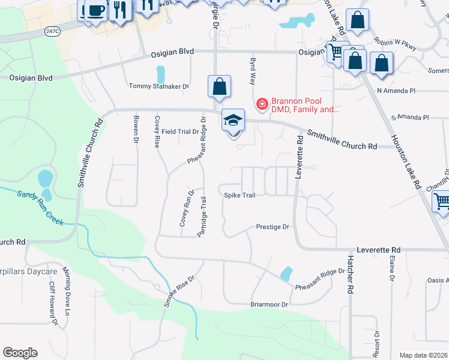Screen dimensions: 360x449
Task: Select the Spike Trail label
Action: click(x=240, y=195)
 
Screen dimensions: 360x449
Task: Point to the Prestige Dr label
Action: click(x=273, y=227)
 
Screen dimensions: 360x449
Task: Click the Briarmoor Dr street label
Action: click(x=270, y=304)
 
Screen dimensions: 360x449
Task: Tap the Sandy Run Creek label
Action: click(x=40, y=207)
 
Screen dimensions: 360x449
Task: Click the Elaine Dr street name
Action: click(x=391, y=268)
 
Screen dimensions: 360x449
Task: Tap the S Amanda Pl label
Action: click(x=410, y=118)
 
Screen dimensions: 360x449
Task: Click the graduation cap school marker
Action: click(x=233, y=121)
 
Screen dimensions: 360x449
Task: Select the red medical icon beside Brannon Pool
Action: click(x=262, y=104)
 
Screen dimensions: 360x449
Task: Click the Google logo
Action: click(x=20, y=353)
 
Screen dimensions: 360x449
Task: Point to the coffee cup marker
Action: click(x=95, y=10)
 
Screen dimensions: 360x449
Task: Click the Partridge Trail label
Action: click(x=203, y=216)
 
